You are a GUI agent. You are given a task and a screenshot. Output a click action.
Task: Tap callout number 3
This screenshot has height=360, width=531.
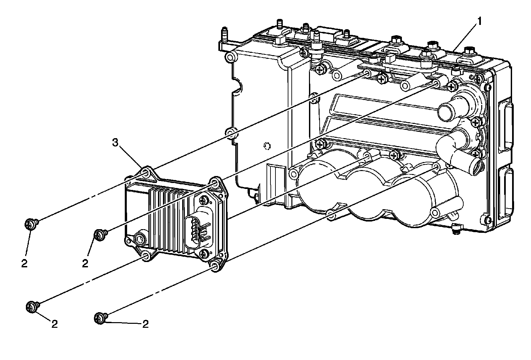pos(115,143)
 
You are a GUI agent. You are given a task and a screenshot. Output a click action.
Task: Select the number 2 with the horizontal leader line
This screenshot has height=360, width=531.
pos(145,324)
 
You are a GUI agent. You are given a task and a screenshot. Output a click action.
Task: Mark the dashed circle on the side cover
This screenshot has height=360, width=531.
pos(266,145)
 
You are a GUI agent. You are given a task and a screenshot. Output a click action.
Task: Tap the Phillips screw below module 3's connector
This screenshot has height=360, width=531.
pos(203,253)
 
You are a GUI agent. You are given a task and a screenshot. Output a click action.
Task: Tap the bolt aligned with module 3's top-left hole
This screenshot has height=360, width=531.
pos(31,224)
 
